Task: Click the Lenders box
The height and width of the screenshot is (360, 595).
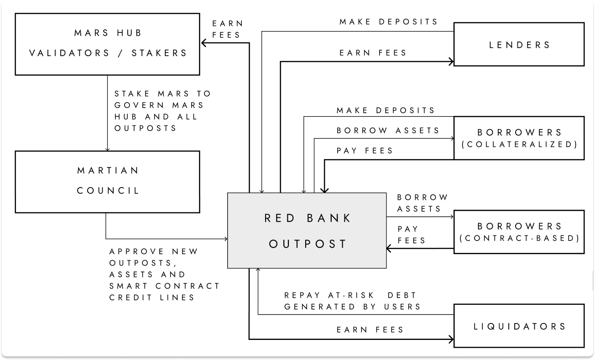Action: [x=519, y=45]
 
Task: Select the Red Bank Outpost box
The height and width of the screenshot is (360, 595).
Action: [x=307, y=230]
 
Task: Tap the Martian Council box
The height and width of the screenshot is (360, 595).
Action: [x=108, y=181]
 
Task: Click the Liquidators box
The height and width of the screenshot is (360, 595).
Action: [x=519, y=326]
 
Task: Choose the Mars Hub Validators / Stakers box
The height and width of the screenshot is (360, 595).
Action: [x=108, y=44]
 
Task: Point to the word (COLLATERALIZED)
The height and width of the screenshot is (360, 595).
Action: [x=519, y=145]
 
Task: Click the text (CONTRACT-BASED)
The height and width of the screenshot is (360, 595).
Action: [x=519, y=238]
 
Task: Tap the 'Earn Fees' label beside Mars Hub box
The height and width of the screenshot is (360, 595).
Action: [x=227, y=29]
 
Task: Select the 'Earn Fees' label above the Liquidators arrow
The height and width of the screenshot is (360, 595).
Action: [x=371, y=329]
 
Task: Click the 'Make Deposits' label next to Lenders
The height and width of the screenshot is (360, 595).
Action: [x=389, y=22]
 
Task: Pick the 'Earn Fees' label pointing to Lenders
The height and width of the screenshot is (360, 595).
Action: [x=373, y=53]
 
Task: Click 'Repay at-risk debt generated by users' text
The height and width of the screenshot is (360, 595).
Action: [x=352, y=301]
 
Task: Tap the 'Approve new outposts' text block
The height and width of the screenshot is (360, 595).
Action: [x=164, y=274]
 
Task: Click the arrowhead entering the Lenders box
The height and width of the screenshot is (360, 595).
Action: [x=450, y=62]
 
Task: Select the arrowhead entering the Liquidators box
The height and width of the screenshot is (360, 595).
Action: [x=450, y=339]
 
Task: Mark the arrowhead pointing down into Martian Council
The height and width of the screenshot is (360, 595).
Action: [x=107, y=149]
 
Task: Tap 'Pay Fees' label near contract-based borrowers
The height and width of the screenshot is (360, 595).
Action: [x=411, y=234]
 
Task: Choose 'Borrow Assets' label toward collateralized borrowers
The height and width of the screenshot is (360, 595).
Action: [x=388, y=130]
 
